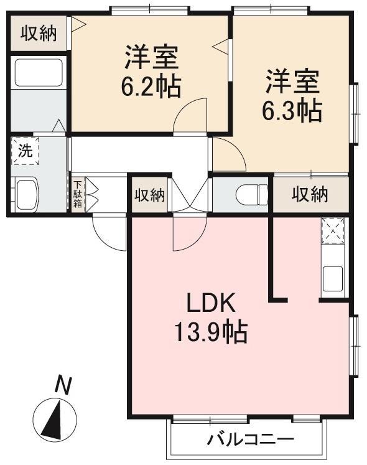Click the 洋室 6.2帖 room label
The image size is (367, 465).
151,71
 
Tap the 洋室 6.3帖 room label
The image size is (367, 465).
292,95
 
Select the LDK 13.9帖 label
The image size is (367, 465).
211,317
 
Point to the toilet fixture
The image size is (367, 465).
252,195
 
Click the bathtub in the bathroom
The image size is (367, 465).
39,73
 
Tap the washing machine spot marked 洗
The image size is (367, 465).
26,151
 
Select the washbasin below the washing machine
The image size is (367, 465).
27,195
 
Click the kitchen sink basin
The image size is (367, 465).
333,278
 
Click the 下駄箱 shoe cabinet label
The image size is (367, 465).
78,194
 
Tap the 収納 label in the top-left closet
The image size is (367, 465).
39,33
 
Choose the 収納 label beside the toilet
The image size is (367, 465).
310,195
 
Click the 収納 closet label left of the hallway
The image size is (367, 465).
150,195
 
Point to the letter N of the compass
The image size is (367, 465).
63,385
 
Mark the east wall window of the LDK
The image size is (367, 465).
355,345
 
